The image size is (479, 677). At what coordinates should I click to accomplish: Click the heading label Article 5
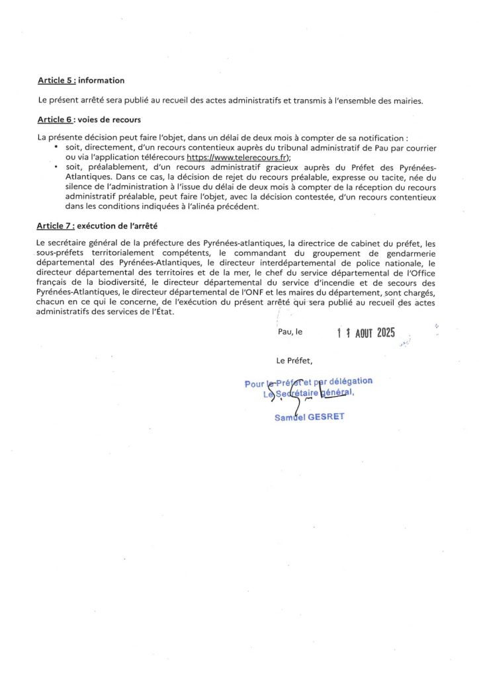point(56,81)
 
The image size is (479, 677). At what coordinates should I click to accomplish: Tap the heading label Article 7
point(56,226)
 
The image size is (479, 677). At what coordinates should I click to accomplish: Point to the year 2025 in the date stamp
point(386,333)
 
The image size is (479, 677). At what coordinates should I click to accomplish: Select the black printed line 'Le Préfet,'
point(294,361)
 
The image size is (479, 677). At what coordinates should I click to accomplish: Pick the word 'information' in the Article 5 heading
point(101,81)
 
